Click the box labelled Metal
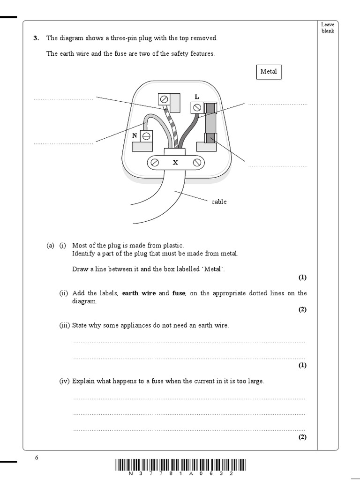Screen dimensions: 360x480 (x=269, y=72)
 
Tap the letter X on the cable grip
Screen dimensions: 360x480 (x=176, y=162)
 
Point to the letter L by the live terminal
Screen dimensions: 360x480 (x=197, y=97)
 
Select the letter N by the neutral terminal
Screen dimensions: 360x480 (x=135, y=135)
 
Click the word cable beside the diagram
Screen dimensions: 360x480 (x=219, y=202)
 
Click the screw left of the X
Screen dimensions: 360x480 (x=154, y=162)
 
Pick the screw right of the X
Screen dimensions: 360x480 (x=197, y=162)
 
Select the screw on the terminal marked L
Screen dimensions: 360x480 (x=197, y=108)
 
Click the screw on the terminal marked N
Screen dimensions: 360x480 (x=146, y=136)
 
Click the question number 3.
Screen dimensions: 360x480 (x=36, y=38)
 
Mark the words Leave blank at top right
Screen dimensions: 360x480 (x=328, y=28)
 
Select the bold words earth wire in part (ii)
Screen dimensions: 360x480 (x=139, y=293)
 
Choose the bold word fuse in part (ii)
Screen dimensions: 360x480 (x=179, y=293)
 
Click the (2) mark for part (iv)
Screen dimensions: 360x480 (x=302, y=437)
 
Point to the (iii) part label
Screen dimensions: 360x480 (x=64, y=325)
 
